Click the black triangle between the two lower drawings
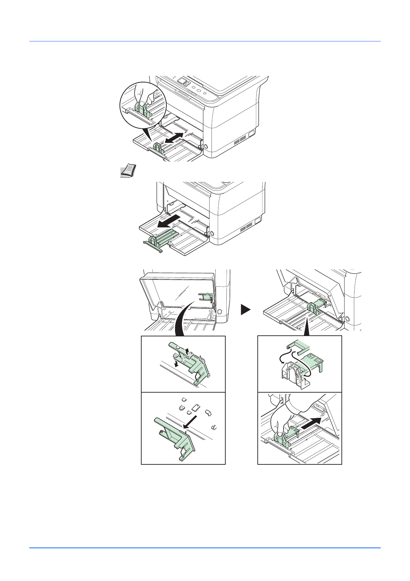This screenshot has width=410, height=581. [245, 309]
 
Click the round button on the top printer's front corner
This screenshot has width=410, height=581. [206, 146]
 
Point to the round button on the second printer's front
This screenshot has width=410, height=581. [212, 234]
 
